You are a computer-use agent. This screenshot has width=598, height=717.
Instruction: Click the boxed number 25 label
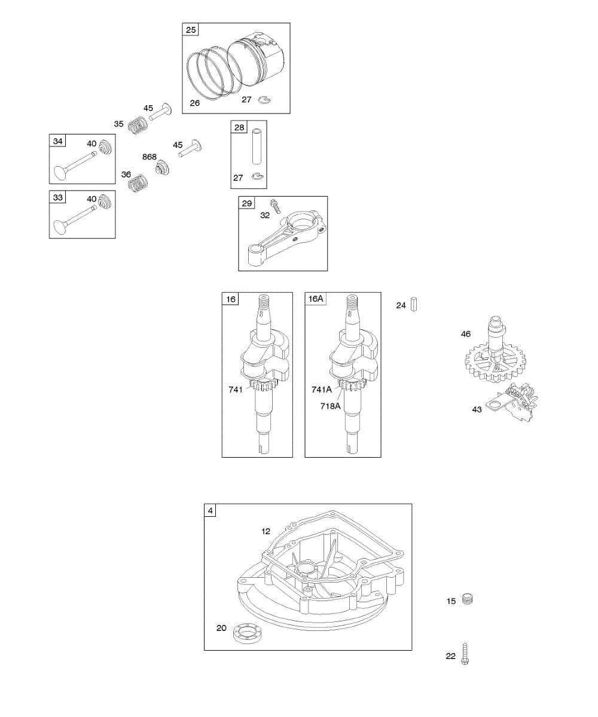coord(190,30)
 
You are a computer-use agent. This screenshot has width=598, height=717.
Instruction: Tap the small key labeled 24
coord(413,305)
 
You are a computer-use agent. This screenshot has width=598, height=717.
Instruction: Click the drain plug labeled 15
coord(468,599)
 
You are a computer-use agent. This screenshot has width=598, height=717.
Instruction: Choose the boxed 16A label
coord(316,299)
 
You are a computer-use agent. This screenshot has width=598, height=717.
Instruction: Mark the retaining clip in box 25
coord(264,100)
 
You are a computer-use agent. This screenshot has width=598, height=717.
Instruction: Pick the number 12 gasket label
coord(266,531)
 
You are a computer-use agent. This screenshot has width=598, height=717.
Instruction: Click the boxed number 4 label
coord(210,511)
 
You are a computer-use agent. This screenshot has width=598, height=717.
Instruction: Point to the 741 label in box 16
coord(236,389)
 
